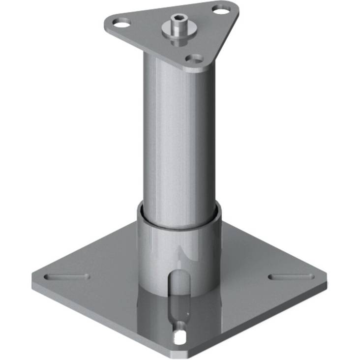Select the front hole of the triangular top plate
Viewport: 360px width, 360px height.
pyautogui.click(x=195, y=59)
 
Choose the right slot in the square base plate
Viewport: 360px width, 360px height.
pyautogui.click(x=291, y=276)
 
